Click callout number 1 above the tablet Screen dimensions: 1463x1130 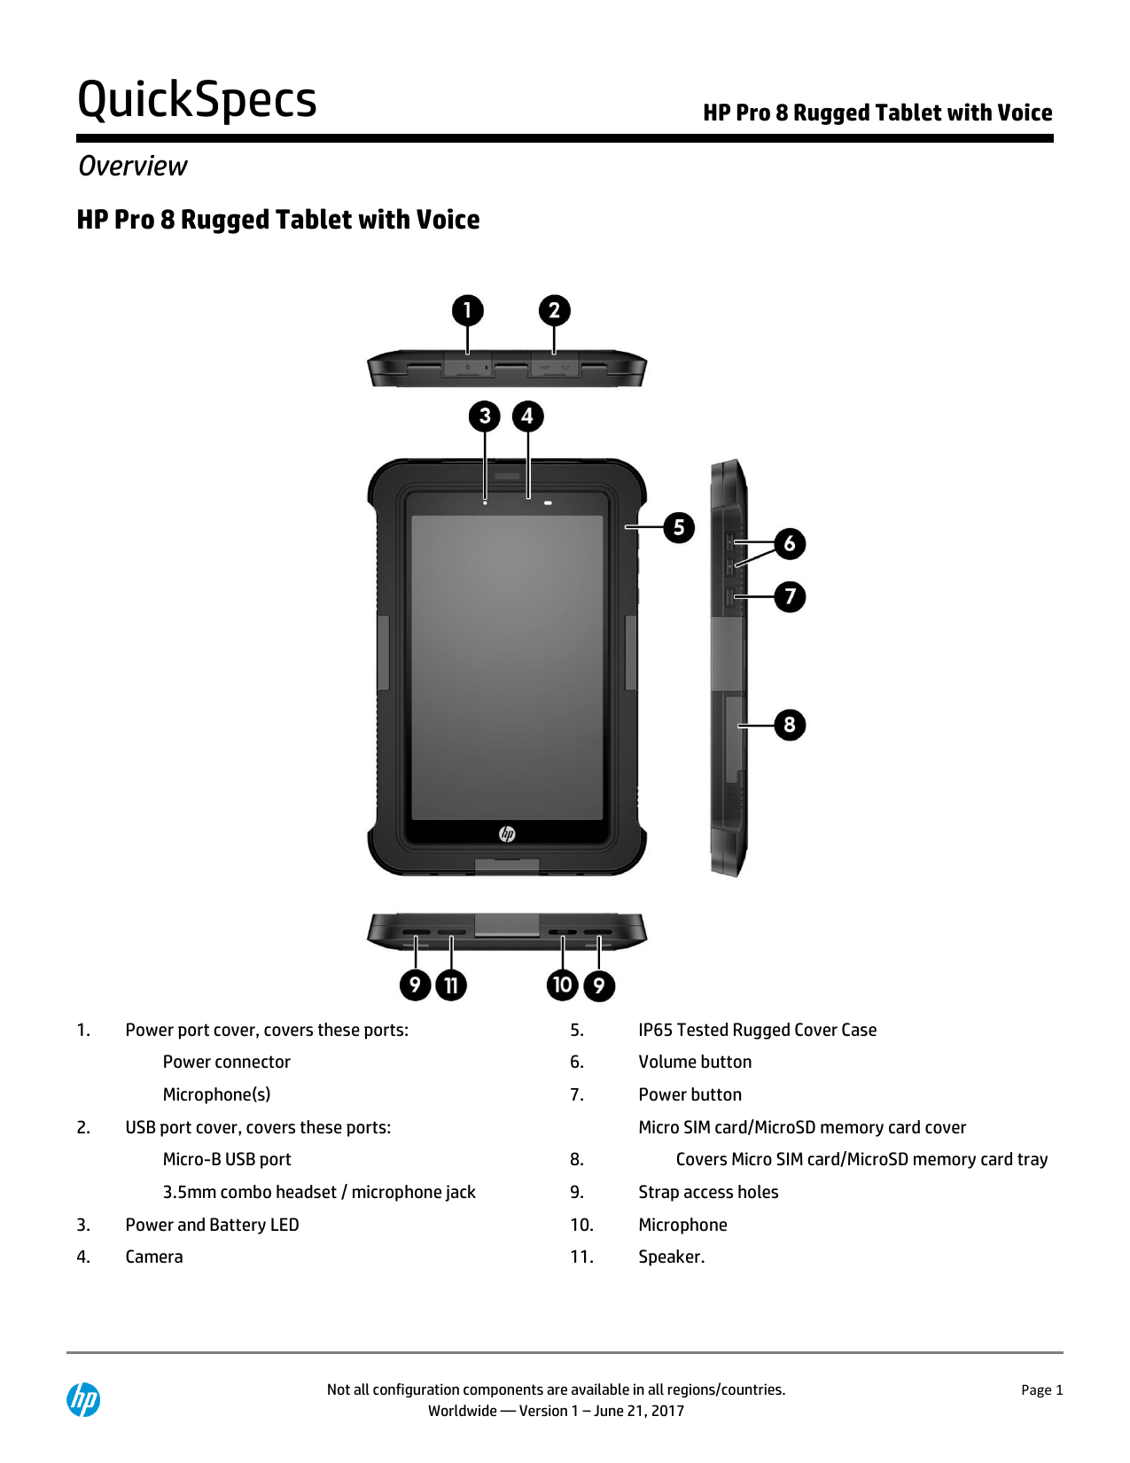pos(468,310)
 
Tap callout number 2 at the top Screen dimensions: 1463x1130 pos(555,310)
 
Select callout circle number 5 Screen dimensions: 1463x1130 pos(679,527)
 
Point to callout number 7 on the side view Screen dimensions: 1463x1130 pos(790,596)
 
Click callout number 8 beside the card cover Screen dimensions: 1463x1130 pos(790,725)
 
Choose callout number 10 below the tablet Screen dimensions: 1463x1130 pos(563,984)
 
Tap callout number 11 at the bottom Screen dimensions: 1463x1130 pos(451,985)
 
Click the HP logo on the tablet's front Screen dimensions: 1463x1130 pos(507,834)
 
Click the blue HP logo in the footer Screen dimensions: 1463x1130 pos(83,1400)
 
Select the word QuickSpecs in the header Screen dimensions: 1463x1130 pos(197,99)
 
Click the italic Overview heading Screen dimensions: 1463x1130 pos(133,166)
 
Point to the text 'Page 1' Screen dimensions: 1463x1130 pos(1041,1390)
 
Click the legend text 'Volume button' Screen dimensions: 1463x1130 pos(695,1062)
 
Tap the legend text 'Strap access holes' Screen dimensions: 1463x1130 pos(708,1192)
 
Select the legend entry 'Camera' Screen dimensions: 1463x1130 pos(154,1257)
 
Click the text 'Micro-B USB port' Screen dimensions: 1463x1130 pos(227,1159)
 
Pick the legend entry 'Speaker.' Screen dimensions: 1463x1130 pos(671,1257)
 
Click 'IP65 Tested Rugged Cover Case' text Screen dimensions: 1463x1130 pos(757,1030)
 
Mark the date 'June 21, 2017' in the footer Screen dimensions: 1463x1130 pos(639,1411)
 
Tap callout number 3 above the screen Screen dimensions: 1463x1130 pos(485,416)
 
